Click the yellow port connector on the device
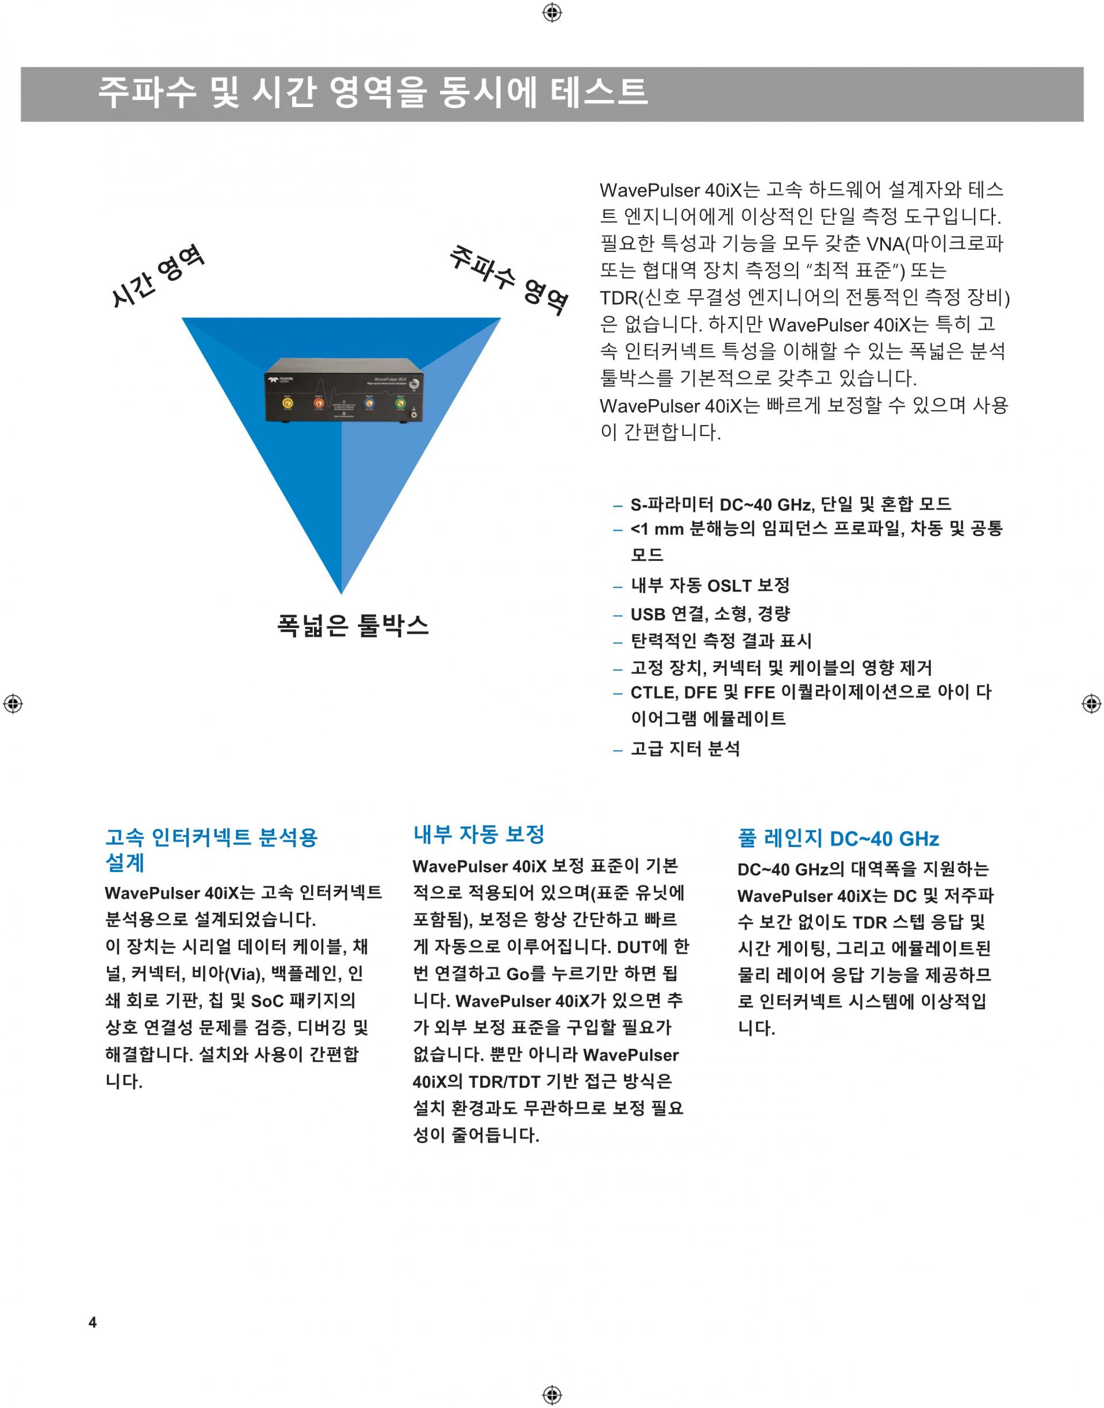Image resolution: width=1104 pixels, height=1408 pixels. point(288,403)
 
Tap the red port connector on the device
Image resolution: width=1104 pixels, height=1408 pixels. point(319,403)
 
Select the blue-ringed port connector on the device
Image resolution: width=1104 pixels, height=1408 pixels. point(369,403)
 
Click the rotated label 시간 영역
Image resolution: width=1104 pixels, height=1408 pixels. point(157,276)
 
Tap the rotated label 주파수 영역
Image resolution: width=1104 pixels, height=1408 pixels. point(509,280)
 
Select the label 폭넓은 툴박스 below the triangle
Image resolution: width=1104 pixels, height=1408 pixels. point(353,626)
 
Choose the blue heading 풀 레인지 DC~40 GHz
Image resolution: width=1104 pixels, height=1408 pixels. point(838,839)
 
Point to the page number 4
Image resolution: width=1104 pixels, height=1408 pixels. point(93,1322)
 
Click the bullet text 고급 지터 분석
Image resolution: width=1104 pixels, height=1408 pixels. point(685,749)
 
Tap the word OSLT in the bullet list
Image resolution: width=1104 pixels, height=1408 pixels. point(730,586)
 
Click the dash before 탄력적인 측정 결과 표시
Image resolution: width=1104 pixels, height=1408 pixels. point(618,642)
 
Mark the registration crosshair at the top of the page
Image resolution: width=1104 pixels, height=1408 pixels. point(552,12)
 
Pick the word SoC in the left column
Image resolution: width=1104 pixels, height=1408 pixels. point(267,1001)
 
